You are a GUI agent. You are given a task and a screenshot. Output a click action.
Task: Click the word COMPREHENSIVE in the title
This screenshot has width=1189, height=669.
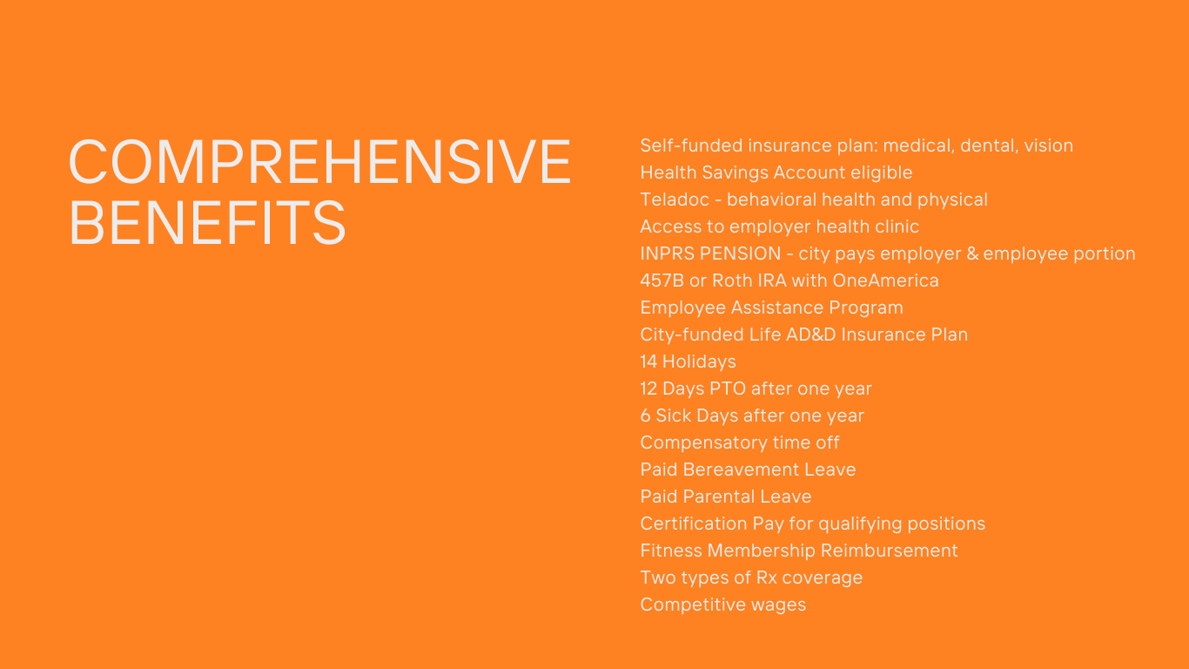point(319,161)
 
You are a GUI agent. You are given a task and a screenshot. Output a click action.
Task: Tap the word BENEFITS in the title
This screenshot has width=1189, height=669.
point(207,223)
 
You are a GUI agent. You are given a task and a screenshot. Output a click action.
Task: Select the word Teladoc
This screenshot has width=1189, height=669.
point(675,199)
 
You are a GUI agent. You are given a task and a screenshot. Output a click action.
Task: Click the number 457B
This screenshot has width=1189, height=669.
point(662,280)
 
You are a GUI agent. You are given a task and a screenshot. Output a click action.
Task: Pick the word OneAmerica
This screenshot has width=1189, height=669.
point(885,280)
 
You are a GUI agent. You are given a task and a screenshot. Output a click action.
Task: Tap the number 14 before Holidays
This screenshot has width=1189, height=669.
point(648,362)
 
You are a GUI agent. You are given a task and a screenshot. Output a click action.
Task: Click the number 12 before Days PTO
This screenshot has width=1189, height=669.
point(648,389)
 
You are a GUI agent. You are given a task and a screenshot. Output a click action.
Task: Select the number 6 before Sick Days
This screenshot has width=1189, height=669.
point(646,416)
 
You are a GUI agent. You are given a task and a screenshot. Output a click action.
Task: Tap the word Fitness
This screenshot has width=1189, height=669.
point(671,551)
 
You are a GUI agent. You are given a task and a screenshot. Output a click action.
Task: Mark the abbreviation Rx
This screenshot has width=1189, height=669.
point(767,578)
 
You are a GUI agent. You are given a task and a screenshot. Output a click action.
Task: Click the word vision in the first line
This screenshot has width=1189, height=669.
point(1048,145)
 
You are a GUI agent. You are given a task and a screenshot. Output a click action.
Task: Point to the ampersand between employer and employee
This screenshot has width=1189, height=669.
point(972,253)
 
